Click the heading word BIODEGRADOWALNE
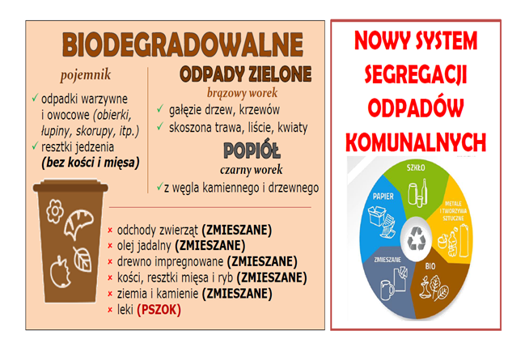click(183, 44)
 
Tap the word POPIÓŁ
click(252, 150)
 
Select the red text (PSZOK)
click(159, 309)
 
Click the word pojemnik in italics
click(86, 75)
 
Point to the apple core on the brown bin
click(61, 272)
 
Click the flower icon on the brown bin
click(55, 211)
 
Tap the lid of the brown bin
click(70, 186)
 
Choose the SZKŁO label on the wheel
click(416, 167)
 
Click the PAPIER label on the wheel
click(383, 197)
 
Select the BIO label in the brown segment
click(430, 266)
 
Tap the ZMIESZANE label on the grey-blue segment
click(387, 260)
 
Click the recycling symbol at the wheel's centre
click(416, 239)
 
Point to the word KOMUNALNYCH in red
click(416, 142)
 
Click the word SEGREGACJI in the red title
click(416, 74)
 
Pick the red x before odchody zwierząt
click(110, 231)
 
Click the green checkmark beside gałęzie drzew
click(160, 108)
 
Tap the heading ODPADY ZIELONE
click(246, 74)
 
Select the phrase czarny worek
click(251, 170)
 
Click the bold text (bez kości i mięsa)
click(91, 163)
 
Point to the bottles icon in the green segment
click(418, 193)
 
